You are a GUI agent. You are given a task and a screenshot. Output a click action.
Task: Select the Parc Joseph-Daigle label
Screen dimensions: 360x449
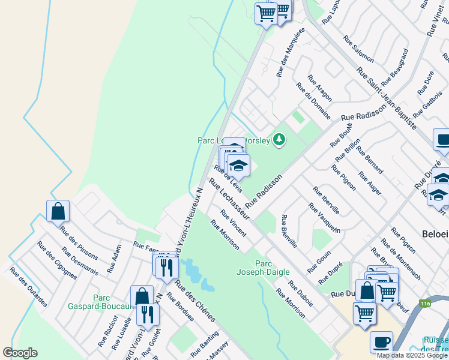pyautogui.click(x=268, y=268)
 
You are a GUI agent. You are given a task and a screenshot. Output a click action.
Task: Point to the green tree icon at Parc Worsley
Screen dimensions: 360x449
pyautogui.click(x=279, y=140)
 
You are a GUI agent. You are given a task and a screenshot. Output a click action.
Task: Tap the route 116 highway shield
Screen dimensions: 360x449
pyautogui.click(x=426, y=304)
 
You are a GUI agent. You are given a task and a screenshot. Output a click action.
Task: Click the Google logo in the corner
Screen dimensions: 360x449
pyautogui.click(x=20, y=352)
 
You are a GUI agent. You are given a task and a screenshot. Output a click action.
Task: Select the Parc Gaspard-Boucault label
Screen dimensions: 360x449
pyautogui.click(x=113, y=302)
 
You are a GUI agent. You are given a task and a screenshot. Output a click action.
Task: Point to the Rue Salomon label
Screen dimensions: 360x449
pyautogui.click(x=358, y=49)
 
